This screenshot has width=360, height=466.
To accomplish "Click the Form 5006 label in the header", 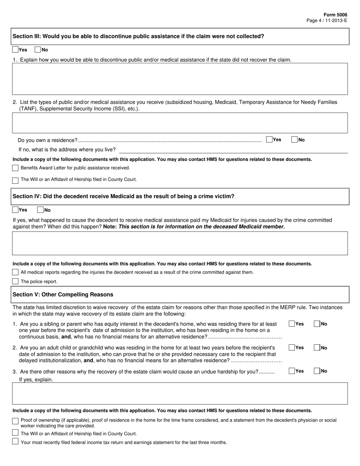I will [x=338, y=15].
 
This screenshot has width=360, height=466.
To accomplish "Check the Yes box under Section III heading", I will [x=15, y=50].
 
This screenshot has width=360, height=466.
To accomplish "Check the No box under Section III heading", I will [x=38, y=50].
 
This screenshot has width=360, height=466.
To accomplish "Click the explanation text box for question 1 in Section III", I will [x=180, y=79].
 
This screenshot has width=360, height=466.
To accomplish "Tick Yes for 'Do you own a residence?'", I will [x=269, y=140].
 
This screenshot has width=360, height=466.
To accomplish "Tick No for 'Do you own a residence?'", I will [x=294, y=140].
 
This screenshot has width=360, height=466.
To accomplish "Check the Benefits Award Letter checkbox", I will [x=15, y=168].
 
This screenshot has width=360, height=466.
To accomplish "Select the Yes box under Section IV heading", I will [x=15, y=210].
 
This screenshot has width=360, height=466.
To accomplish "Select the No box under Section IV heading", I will [x=40, y=210].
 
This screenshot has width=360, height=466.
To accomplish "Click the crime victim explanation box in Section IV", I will [x=180, y=243].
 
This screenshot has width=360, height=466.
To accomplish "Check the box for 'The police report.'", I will [x=15, y=281].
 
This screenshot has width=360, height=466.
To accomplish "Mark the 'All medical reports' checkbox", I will [x=15, y=272].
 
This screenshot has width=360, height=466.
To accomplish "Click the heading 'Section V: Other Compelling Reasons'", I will [x=63, y=294].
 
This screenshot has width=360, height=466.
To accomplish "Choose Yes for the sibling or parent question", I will [x=292, y=324].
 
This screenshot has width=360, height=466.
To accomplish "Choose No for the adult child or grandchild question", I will [x=317, y=347].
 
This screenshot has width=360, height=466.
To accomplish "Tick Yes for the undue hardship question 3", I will [x=292, y=371].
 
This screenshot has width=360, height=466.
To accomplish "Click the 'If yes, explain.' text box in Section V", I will [x=180, y=394].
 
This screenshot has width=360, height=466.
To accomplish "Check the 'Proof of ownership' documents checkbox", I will [x=15, y=421].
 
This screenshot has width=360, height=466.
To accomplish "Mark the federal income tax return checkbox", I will [x=15, y=441].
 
